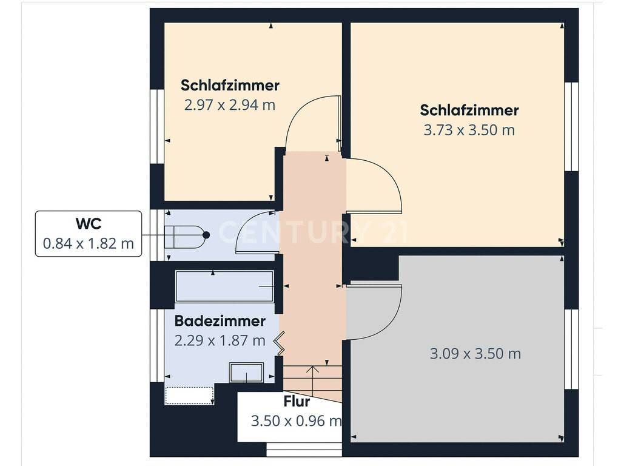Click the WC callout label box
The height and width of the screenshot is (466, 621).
click(x=89, y=234)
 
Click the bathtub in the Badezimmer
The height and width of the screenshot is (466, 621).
click(x=224, y=286)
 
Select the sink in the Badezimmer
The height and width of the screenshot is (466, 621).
click(x=246, y=373)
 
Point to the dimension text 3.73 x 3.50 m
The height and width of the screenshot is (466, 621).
click(x=469, y=130)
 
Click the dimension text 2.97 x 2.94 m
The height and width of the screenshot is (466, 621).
click(x=230, y=105)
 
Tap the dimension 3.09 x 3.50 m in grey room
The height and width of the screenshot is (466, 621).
click(x=475, y=354)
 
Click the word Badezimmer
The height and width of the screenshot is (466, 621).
click(x=220, y=321)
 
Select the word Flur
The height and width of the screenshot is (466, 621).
click(x=297, y=402)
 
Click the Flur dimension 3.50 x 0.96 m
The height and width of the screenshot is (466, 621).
click(x=296, y=421)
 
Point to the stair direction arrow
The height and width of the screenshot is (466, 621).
click(x=313, y=380)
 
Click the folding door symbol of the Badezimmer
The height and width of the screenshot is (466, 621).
click(x=280, y=343)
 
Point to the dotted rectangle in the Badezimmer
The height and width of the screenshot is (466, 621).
click(x=189, y=396)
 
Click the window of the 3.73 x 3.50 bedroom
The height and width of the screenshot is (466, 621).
click(x=571, y=126)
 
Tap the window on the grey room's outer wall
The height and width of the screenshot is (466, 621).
click(x=571, y=349)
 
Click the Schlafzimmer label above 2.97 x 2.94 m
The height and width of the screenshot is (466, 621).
click(x=230, y=85)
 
